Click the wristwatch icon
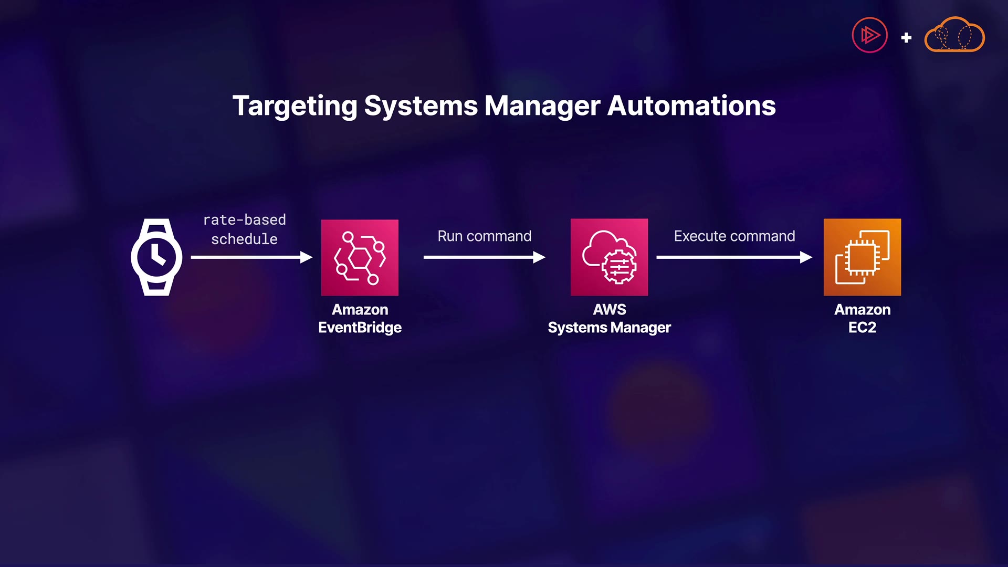(x=156, y=257)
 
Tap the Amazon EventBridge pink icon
(x=360, y=257)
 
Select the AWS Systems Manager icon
(x=609, y=257)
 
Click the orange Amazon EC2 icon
(x=862, y=257)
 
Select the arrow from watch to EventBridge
(x=251, y=257)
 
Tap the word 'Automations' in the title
(x=691, y=106)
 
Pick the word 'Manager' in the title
(x=542, y=106)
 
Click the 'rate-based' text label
(x=245, y=220)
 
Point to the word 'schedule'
(x=245, y=239)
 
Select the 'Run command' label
(x=484, y=236)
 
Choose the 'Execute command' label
(x=734, y=236)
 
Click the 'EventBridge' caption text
(x=360, y=328)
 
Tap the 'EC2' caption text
(x=862, y=328)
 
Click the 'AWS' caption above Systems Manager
(x=609, y=310)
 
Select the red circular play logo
(x=869, y=36)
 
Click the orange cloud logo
(x=954, y=36)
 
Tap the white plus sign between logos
(x=906, y=38)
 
